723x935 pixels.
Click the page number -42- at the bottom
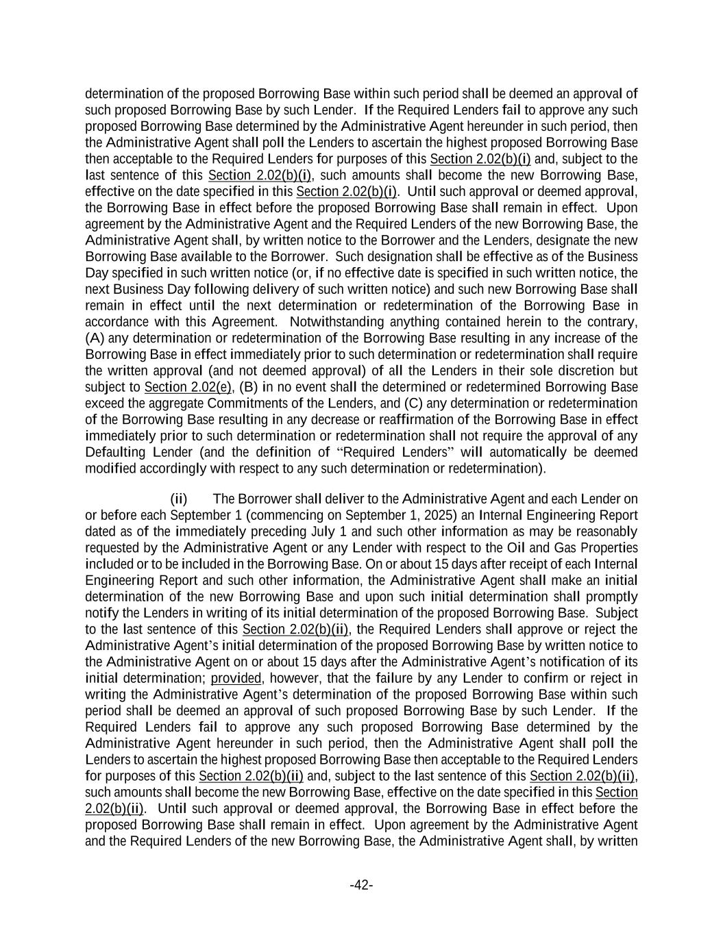(361, 885)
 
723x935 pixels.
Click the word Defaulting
(115, 452)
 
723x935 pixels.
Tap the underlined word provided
(236, 678)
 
